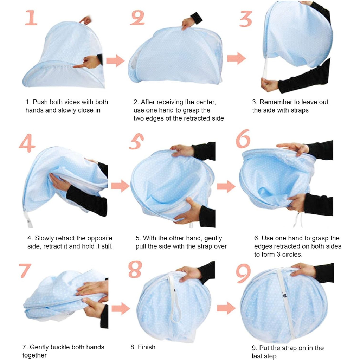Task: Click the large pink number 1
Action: click(31, 18)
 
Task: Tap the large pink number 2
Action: click(137, 17)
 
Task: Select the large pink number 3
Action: click(246, 19)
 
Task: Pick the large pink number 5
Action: click(136, 141)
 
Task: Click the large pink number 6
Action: click(243, 139)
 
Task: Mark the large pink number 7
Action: click(25, 270)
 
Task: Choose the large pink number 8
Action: click(135, 269)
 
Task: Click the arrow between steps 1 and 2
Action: click(115, 61)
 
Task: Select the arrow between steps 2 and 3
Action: click(237, 58)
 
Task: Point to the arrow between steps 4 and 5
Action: click(120, 186)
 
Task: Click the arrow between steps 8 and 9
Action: click(226, 308)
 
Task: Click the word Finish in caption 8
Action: click(147, 347)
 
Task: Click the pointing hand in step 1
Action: click(87, 63)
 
